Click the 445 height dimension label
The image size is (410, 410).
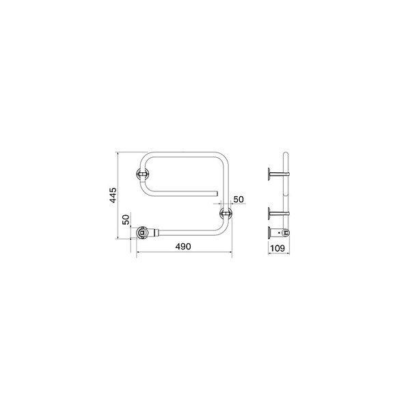pos(113,195)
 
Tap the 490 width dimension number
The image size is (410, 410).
pos(183,246)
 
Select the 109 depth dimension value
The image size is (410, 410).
pos(277,248)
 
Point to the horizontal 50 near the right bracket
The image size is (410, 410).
pos(238,200)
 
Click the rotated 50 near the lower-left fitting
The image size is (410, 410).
pos(126,219)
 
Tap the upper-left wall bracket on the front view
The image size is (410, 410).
pos(143,174)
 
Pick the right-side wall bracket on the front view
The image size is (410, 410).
pos(226,213)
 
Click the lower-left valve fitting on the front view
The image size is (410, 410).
pos(143,232)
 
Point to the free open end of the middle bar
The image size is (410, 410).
pos(217,193)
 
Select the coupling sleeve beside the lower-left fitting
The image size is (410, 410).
pos(156,232)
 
